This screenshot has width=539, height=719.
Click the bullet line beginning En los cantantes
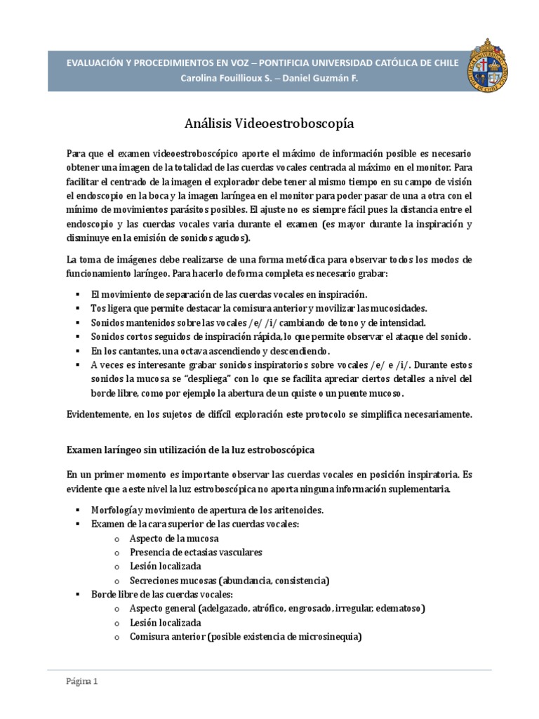tap(210, 350)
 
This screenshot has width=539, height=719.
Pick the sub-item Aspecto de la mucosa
tap(174, 538)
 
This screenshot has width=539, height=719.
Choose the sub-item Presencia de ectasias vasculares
tap(196, 552)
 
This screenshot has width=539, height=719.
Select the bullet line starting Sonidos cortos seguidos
tap(281, 336)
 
